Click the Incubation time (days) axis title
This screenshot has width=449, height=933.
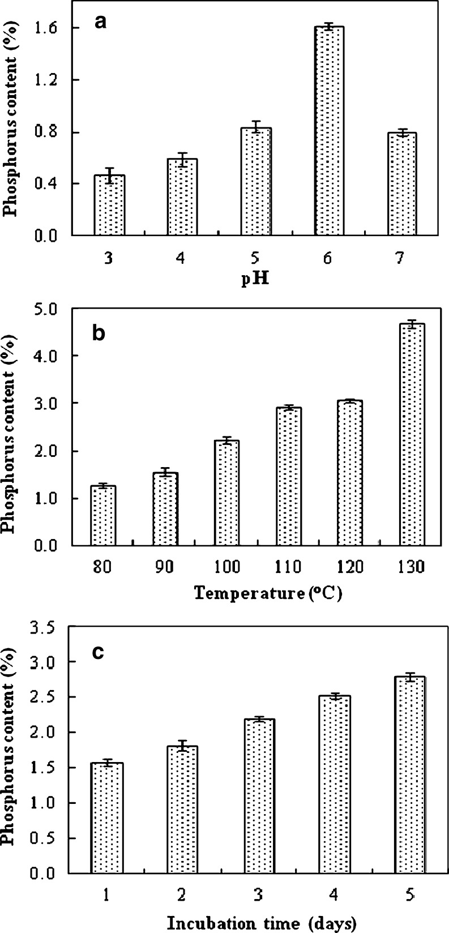click(261, 923)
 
